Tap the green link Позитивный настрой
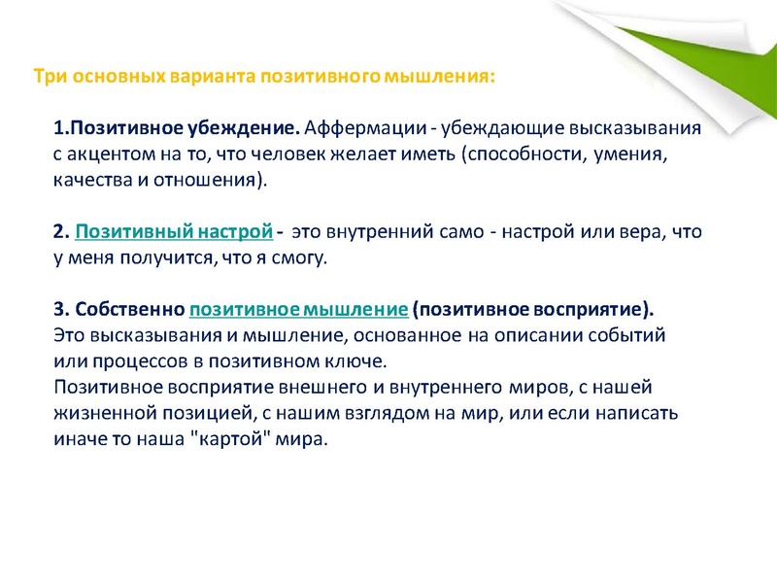tap(173, 232)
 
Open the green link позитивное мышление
tap(298, 310)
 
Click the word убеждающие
tap(503, 128)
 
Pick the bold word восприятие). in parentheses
tap(593, 310)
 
